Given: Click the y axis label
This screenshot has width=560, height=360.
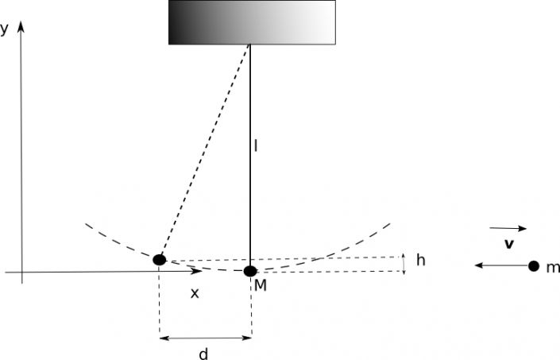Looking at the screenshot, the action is (4, 29).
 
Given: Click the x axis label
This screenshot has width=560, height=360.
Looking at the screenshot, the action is (195, 293).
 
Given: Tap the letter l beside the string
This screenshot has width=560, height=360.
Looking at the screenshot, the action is (255, 146).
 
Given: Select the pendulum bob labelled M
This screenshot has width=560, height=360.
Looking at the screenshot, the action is (250, 271).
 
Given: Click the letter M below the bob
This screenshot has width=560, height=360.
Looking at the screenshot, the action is (261, 285).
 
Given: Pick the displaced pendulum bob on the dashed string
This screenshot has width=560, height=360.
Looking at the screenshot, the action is (160, 260).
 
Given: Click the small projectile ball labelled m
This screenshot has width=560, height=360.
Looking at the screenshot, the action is (534, 266).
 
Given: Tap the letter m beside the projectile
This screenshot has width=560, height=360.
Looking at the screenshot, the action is (553, 268).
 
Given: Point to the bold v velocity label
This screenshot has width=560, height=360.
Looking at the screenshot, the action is (509, 244).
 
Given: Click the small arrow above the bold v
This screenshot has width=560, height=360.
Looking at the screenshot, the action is (508, 228).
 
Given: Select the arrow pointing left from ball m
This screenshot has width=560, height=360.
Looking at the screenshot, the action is (501, 265).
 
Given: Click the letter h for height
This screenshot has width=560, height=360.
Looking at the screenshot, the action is (421, 261).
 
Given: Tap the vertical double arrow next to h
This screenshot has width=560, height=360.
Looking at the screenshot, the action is (404, 264).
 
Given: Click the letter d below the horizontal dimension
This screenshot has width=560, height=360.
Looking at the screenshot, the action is (203, 354).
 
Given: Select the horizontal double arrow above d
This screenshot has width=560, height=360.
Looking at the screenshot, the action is (206, 338).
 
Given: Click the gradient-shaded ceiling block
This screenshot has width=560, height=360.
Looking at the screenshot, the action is (252, 22).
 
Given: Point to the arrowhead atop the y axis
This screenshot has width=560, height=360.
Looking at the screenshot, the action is (21, 26).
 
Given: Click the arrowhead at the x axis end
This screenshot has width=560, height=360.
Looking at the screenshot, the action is (197, 272).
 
